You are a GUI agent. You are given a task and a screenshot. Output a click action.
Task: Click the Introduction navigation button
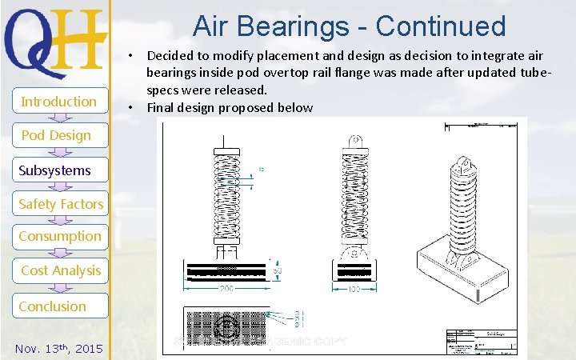click(58, 102)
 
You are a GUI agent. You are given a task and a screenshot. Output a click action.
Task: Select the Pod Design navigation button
click(56, 135)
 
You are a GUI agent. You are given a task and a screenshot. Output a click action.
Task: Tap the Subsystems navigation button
click(55, 170)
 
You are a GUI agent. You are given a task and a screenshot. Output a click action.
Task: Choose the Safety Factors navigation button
click(61, 204)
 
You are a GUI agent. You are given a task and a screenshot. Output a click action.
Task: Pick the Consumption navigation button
click(60, 237)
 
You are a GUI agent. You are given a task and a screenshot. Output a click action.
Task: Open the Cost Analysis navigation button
click(61, 270)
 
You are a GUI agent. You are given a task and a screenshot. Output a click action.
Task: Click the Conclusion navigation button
click(54, 306)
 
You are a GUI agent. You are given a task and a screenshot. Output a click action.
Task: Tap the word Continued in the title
click(441, 26)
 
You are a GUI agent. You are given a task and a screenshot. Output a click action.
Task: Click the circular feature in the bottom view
click(226, 327)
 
